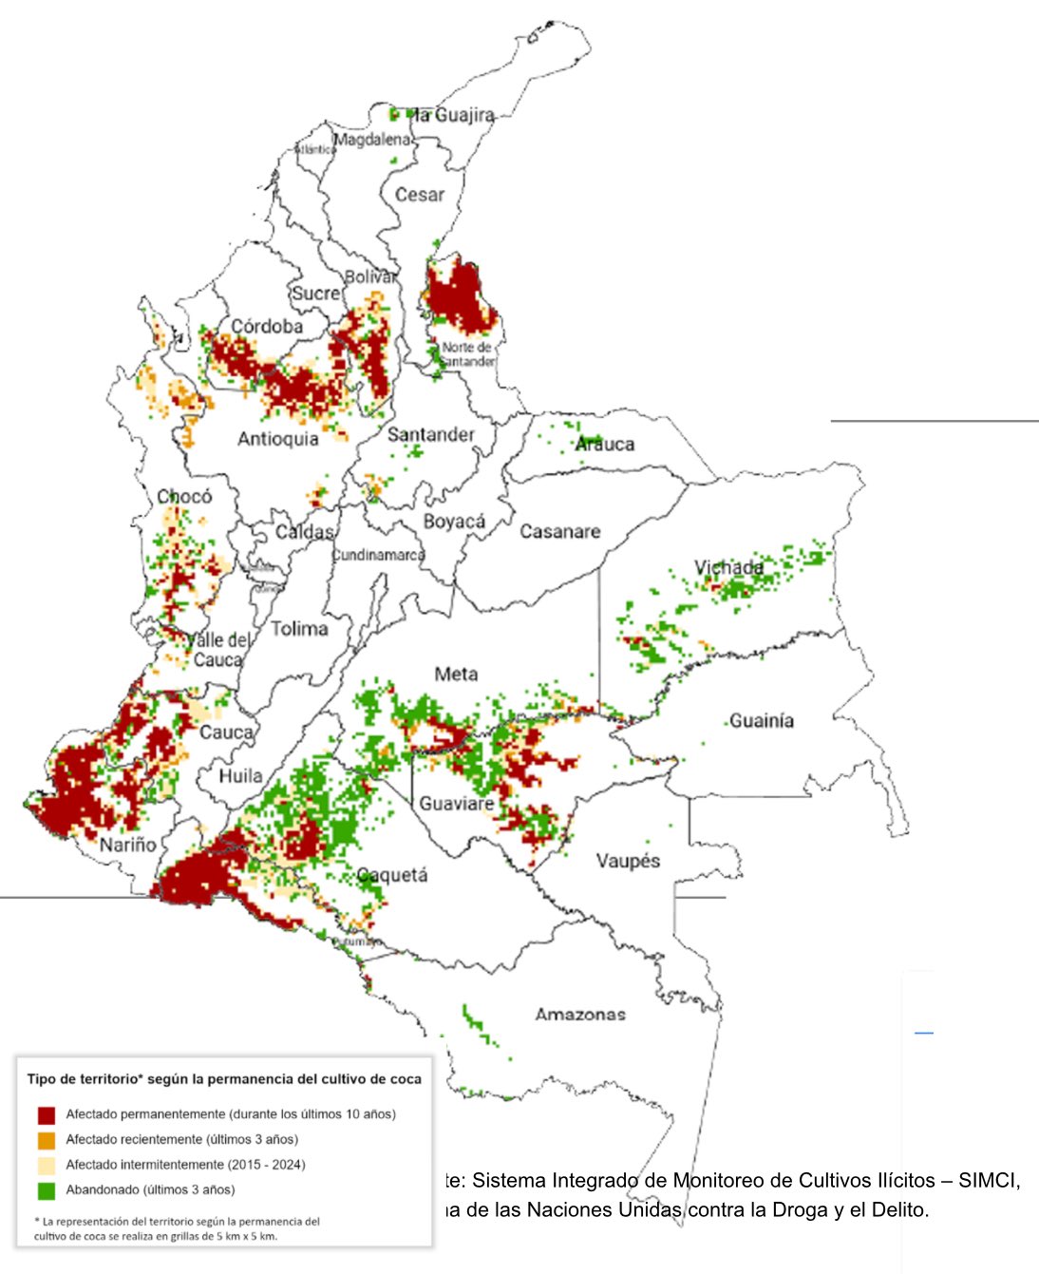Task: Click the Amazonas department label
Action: click(x=580, y=1015)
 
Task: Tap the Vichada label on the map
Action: click(x=728, y=568)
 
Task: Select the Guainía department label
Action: click(x=762, y=721)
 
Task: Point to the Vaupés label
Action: click(x=628, y=861)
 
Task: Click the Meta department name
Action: click(x=456, y=674)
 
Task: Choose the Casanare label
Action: click(x=559, y=532)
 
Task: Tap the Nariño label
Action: click(x=128, y=845)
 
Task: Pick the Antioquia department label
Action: click(x=278, y=439)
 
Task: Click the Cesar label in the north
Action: click(x=420, y=195)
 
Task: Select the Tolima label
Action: click(x=299, y=629)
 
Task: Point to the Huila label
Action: click(x=240, y=776)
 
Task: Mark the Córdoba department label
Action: click(x=267, y=327)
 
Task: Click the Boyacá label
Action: click(x=454, y=522)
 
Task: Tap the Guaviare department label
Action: click(x=457, y=804)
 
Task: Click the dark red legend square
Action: click(x=47, y=1114)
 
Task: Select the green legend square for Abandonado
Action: click(x=47, y=1190)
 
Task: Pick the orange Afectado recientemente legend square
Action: click(x=47, y=1140)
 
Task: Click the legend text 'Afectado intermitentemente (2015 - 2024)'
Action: click(x=185, y=1165)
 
